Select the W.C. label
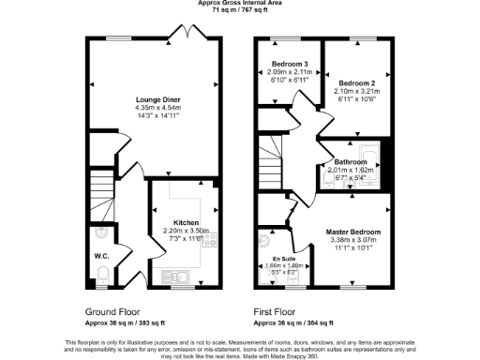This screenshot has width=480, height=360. pyautogui.click(x=102, y=255)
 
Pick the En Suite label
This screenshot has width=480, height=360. pyautogui.click(x=283, y=258)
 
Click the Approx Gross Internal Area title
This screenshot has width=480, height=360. pyautogui.click(x=240, y=3)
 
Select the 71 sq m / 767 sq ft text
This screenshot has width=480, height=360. pyautogui.click(x=240, y=10)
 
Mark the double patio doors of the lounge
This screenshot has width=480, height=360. pyautogui.click(x=187, y=36)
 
